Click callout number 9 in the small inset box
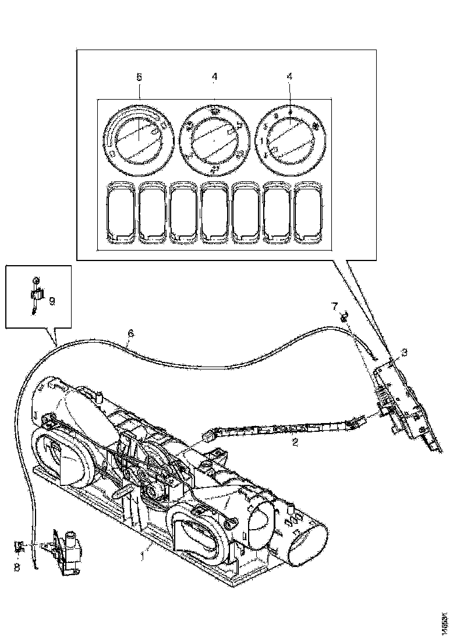point(52,301)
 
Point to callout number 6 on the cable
point(130,333)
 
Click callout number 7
point(334,305)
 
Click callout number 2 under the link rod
point(295,442)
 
